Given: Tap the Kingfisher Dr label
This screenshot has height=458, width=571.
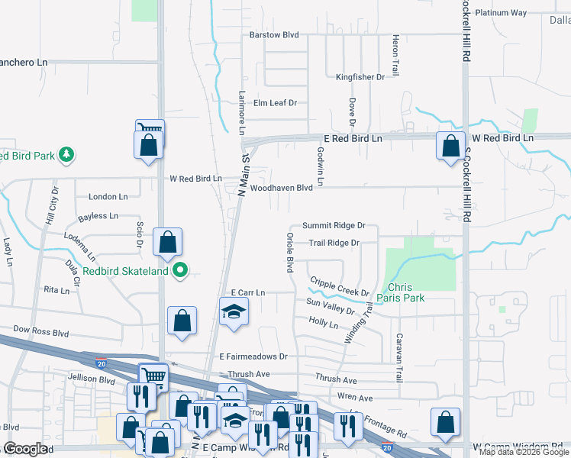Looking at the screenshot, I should click(x=360, y=77).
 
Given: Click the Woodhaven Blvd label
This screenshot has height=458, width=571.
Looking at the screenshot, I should click(x=282, y=187).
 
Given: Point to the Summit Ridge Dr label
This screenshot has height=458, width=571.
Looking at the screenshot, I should click(x=334, y=226).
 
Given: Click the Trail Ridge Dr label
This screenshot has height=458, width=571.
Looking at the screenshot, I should click(x=334, y=244).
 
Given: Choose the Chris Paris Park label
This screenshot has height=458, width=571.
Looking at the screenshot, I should click(x=405, y=293).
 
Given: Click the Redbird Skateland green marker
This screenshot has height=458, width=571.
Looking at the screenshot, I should click(x=181, y=269).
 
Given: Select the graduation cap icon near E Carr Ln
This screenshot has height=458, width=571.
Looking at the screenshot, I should click(x=234, y=311).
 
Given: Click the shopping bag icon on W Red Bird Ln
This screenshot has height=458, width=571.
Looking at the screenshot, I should click(x=450, y=144).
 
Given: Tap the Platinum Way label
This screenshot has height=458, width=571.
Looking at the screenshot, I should click(x=501, y=13).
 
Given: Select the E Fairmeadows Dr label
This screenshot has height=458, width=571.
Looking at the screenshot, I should click(x=253, y=356).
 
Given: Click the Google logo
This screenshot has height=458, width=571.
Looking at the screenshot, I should click(x=25, y=449).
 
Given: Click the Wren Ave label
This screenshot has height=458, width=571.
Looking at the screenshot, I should click(x=355, y=398).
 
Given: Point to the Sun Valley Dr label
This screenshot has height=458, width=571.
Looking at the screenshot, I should click(x=331, y=307).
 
